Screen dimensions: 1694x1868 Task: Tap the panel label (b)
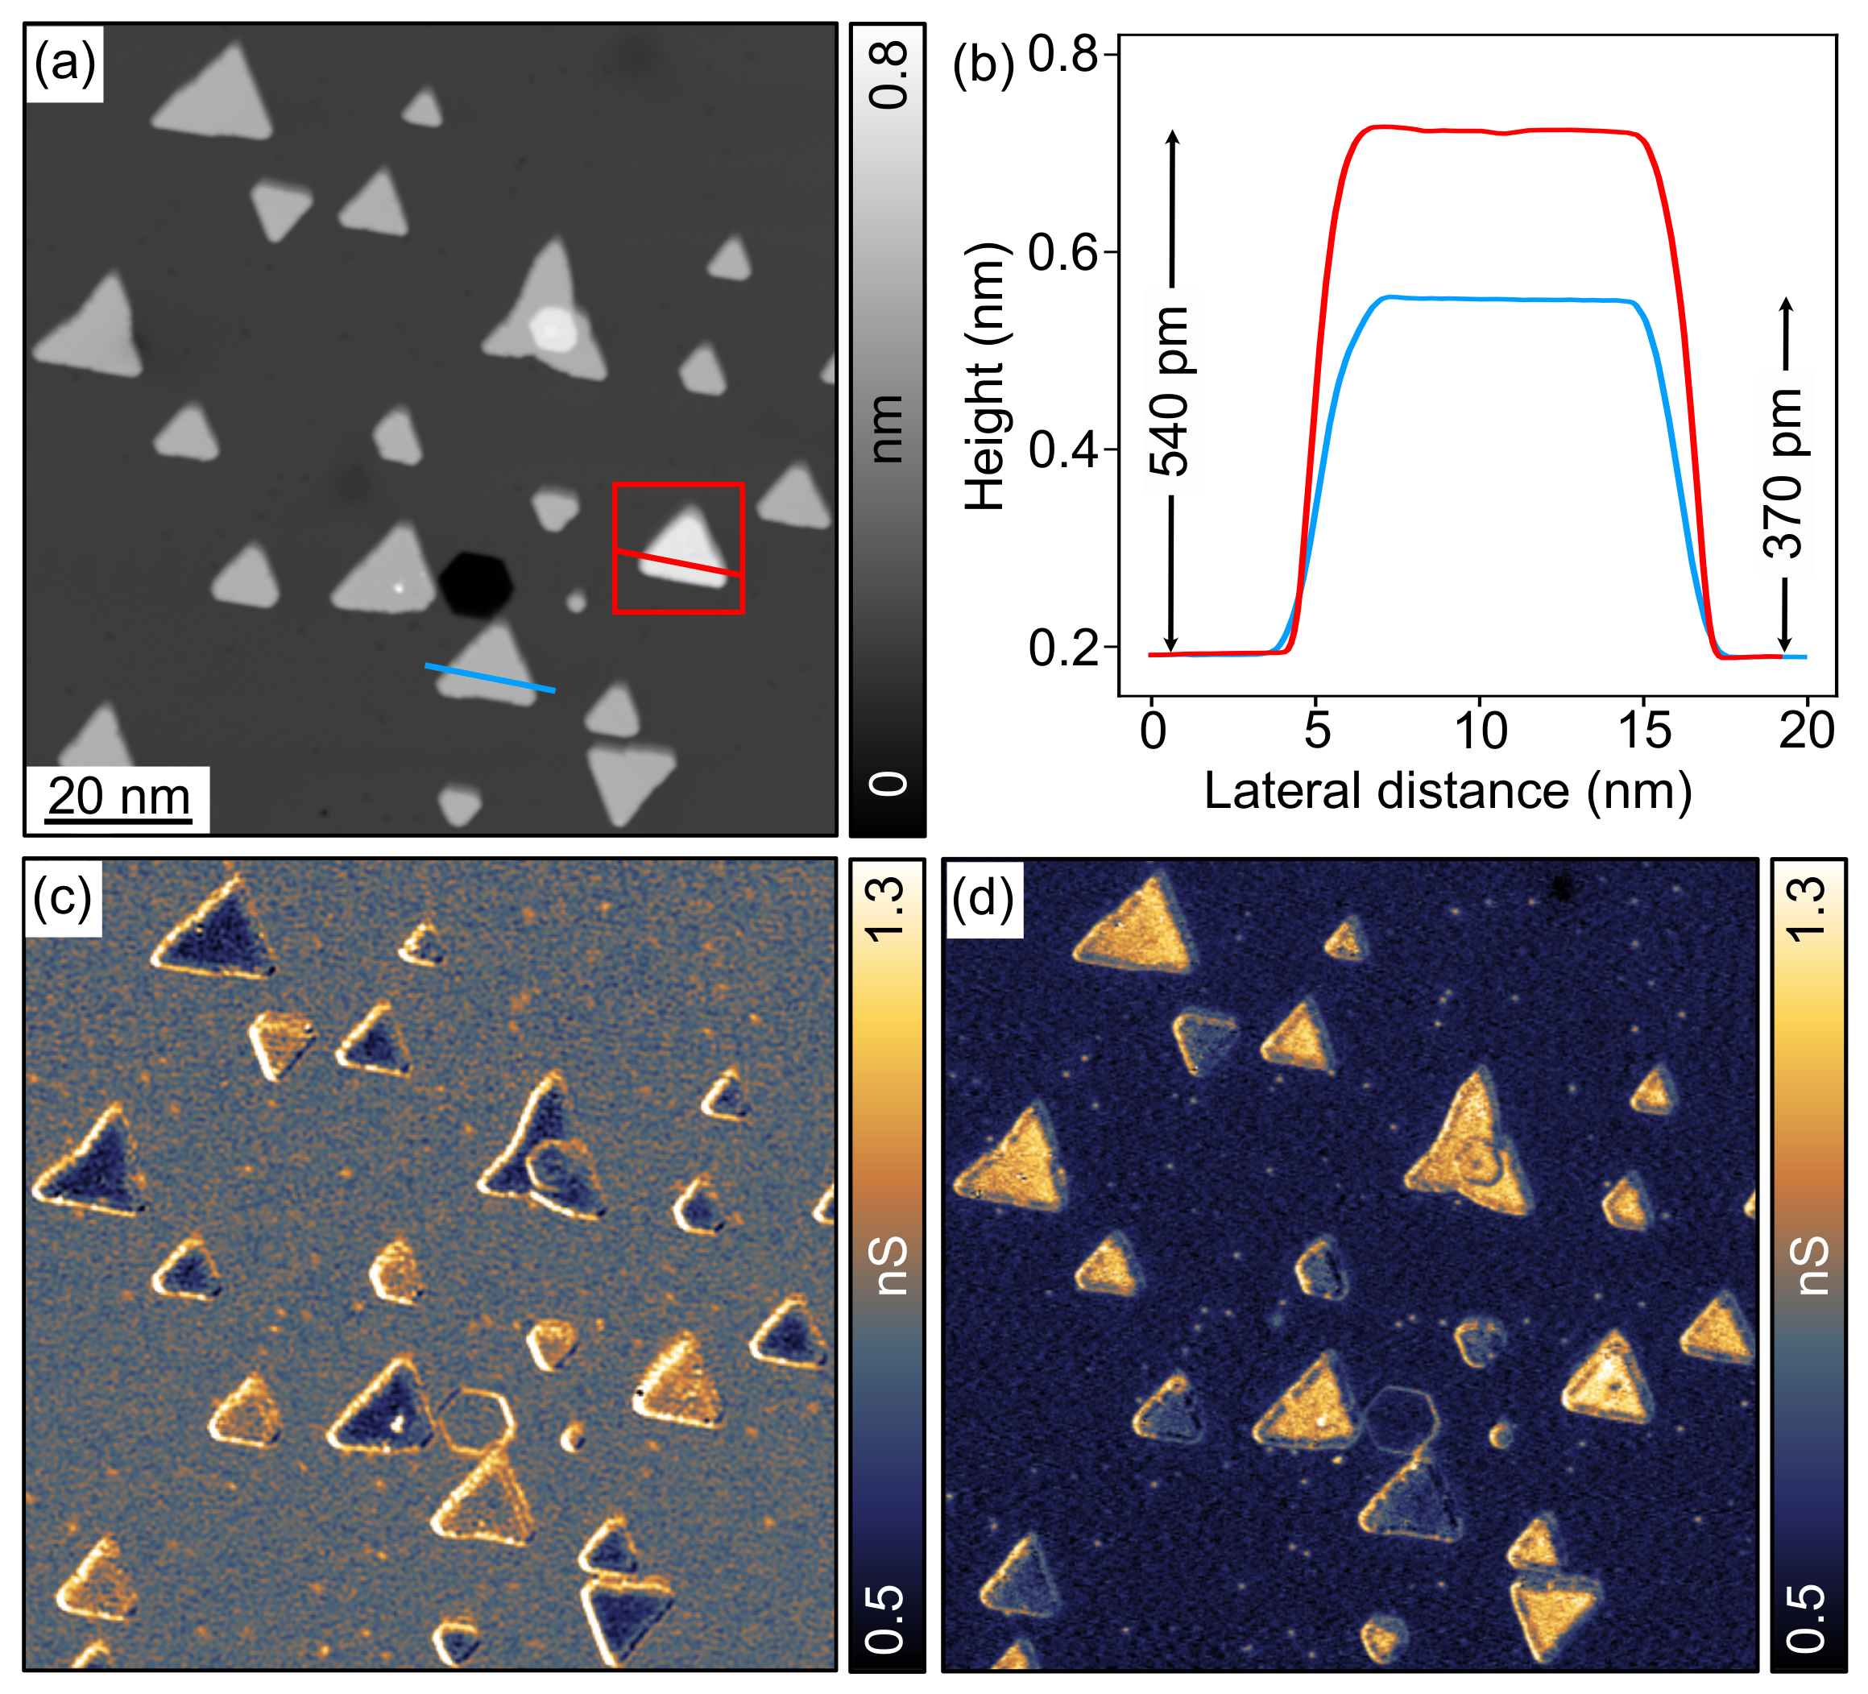tap(983, 67)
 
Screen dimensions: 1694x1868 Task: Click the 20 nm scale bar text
tap(118, 797)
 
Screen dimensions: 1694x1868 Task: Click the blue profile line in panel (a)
tap(489, 677)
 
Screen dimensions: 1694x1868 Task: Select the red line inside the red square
tap(678, 563)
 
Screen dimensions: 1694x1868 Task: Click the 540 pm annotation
tap(1170, 391)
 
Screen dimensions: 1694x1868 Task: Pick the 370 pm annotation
tap(1783, 474)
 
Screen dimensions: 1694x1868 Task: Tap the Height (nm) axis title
tap(985, 377)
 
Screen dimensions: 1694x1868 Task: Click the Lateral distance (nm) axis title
tap(1448, 791)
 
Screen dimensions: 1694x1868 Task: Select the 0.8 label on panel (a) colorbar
tap(889, 76)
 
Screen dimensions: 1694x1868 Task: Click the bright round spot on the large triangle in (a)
tap(554, 329)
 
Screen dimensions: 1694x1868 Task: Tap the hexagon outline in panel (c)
tap(475, 1419)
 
